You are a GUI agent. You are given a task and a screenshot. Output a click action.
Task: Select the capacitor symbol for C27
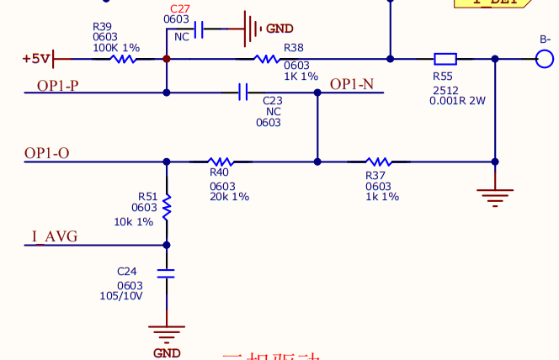199,30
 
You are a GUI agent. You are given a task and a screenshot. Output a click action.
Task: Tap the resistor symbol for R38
267,59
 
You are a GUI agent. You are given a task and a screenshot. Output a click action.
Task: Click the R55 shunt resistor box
445,59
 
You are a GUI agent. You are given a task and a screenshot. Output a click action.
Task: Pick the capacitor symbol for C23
244,92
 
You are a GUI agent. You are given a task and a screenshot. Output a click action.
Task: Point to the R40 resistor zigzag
220,161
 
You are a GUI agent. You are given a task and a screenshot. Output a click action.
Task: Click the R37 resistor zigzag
378,161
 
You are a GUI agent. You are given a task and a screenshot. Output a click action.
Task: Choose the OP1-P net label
58,85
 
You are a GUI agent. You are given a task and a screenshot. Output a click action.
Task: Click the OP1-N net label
351,84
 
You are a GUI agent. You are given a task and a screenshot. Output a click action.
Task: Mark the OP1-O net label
47,153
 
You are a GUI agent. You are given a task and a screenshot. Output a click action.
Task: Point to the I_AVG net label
55,237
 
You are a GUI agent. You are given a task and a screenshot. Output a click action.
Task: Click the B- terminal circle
546,59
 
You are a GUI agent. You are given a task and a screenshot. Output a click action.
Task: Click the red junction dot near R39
166,59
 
